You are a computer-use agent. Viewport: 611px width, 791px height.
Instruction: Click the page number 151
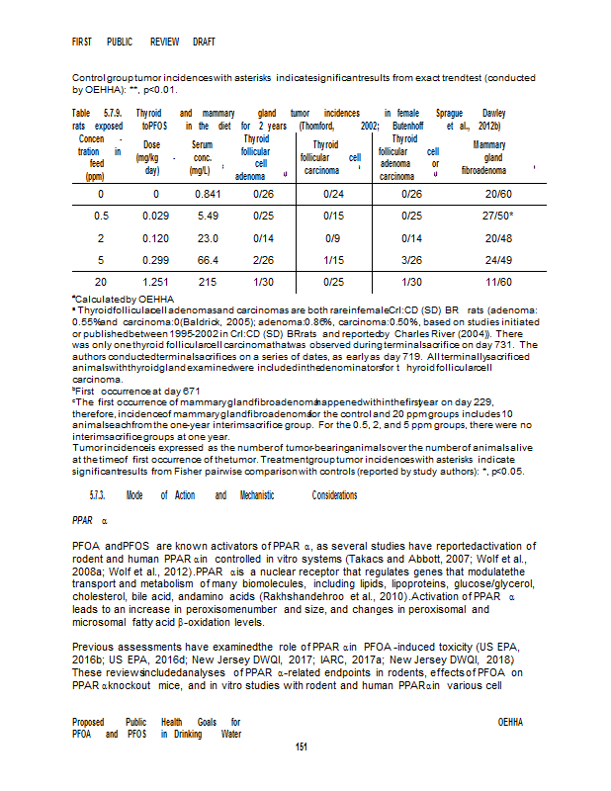click(x=305, y=746)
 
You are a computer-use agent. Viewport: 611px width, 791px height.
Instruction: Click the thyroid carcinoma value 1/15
click(x=333, y=259)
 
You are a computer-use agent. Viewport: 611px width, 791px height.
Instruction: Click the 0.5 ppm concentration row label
click(x=101, y=216)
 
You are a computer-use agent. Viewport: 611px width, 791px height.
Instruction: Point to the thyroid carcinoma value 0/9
click(x=333, y=237)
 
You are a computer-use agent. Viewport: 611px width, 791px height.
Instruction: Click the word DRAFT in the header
click(x=199, y=43)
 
